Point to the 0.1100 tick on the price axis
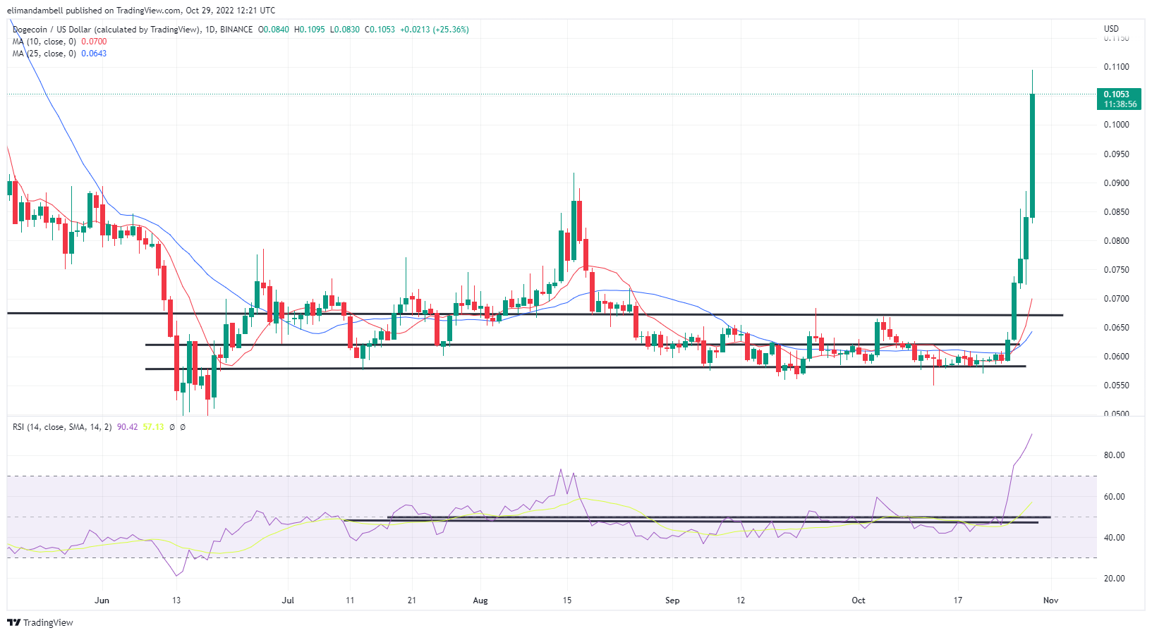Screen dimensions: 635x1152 [x=1116, y=67]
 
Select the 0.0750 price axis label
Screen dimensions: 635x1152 [x=1116, y=270]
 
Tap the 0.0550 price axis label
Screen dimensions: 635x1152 [x=1116, y=386]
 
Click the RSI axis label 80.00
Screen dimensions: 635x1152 [x=1114, y=455]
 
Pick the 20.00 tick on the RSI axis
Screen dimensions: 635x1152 [x=1114, y=579]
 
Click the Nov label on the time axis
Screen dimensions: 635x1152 [x=1050, y=600]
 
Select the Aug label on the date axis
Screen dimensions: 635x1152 [x=480, y=600]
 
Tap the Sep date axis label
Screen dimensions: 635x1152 [x=672, y=600]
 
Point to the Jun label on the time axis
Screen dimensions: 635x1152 [x=102, y=600]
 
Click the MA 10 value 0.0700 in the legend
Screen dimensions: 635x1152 [x=94, y=42]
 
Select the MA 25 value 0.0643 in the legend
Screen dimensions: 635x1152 [x=94, y=54]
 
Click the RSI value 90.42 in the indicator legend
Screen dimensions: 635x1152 [x=127, y=427]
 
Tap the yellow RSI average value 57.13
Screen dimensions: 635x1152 [x=153, y=427]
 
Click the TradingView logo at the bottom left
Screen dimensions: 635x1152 [x=40, y=623]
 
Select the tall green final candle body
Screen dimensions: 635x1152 [x=1032, y=155]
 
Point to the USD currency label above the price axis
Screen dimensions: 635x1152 [x=1111, y=29]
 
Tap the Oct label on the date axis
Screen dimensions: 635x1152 [x=858, y=600]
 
